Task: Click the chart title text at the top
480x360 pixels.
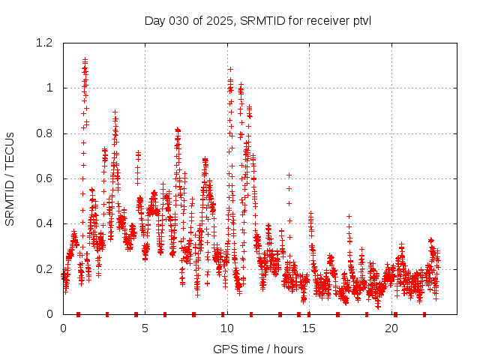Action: [x=258, y=20]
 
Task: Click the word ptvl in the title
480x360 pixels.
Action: [x=360, y=20]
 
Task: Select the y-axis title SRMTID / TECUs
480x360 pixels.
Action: [x=10, y=179]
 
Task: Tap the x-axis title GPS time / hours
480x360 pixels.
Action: [x=258, y=349]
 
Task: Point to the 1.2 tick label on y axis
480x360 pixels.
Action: [x=45, y=43]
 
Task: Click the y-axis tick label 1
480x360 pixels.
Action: [x=50, y=88]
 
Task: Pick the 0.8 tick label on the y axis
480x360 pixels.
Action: [x=45, y=133]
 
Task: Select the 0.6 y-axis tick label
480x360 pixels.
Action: [x=45, y=178]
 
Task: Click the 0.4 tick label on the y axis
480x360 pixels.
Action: [x=45, y=223]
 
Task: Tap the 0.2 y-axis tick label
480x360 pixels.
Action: [x=45, y=269]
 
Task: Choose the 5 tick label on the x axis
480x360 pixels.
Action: [x=145, y=328]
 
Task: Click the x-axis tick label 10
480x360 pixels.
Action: [x=226, y=328]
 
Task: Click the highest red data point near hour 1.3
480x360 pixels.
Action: [x=85, y=60]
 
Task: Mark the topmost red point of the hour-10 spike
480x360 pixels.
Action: [x=230, y=69]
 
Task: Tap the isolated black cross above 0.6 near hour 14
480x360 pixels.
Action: [x=289, y=175]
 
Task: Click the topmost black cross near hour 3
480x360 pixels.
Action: [x=115, y=112]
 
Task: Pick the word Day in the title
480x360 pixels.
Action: [x=154, y=20]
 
